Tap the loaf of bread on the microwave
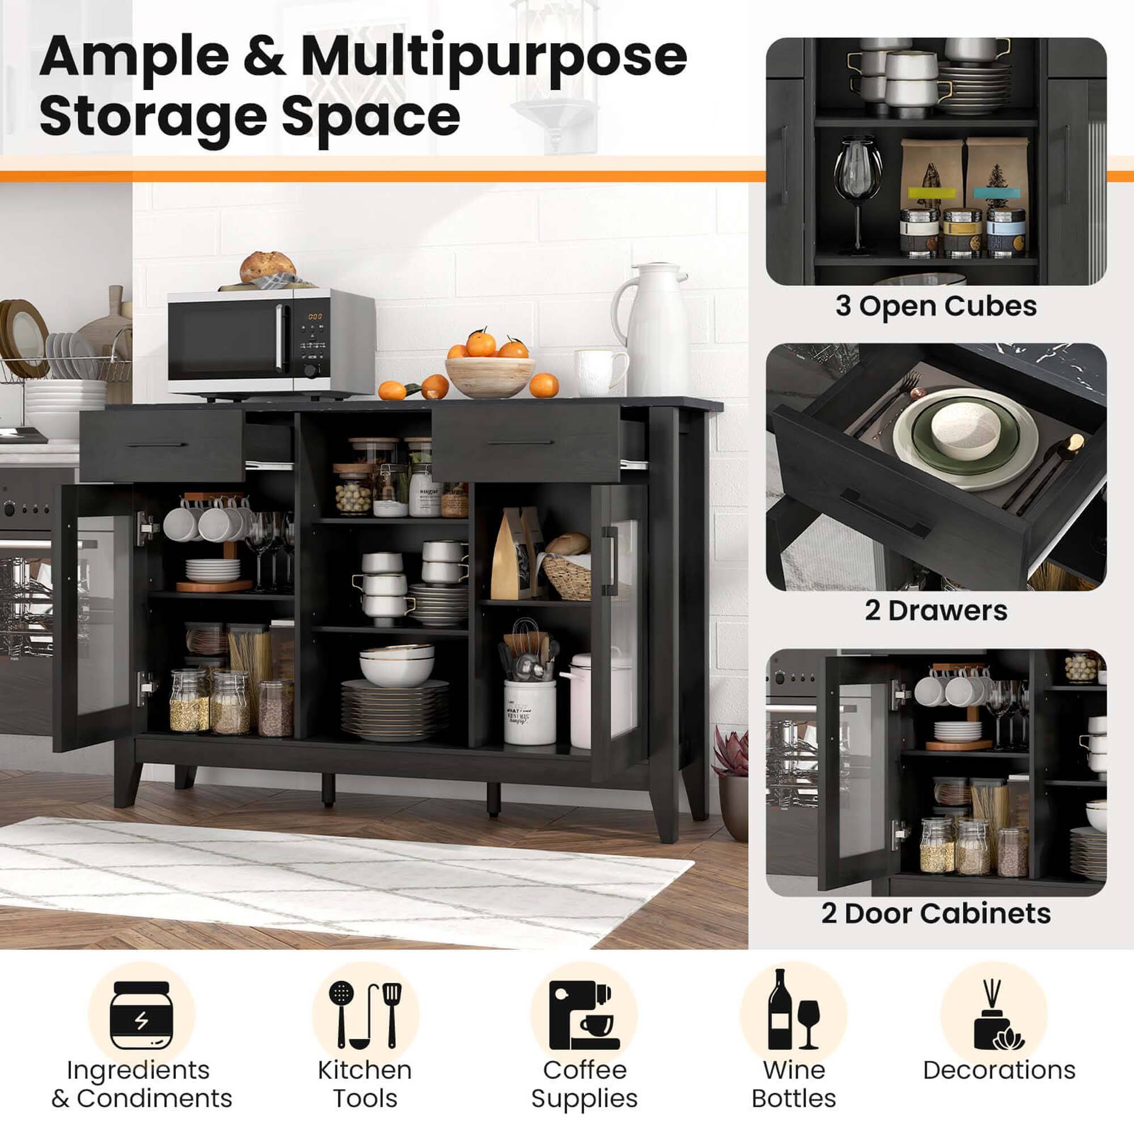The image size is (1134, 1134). [x=268, y=268]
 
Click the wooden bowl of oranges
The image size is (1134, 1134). [x=489, y=376]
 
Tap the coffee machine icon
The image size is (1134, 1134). [x=583, y=1015]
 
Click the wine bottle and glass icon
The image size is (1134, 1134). [x=793, y=1010]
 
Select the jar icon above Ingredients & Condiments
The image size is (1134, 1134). [x=141, y=1015]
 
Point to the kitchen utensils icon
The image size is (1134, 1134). [x=365, y=1015]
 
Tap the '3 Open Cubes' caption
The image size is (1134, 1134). [x=936, y=306]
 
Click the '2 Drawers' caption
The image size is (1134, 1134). [x=936, y=611]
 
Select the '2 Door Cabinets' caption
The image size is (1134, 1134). [x=936, y=914]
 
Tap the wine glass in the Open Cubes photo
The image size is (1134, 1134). [x=857, y=188]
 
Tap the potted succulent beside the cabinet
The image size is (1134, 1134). [x=732, y=778]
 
